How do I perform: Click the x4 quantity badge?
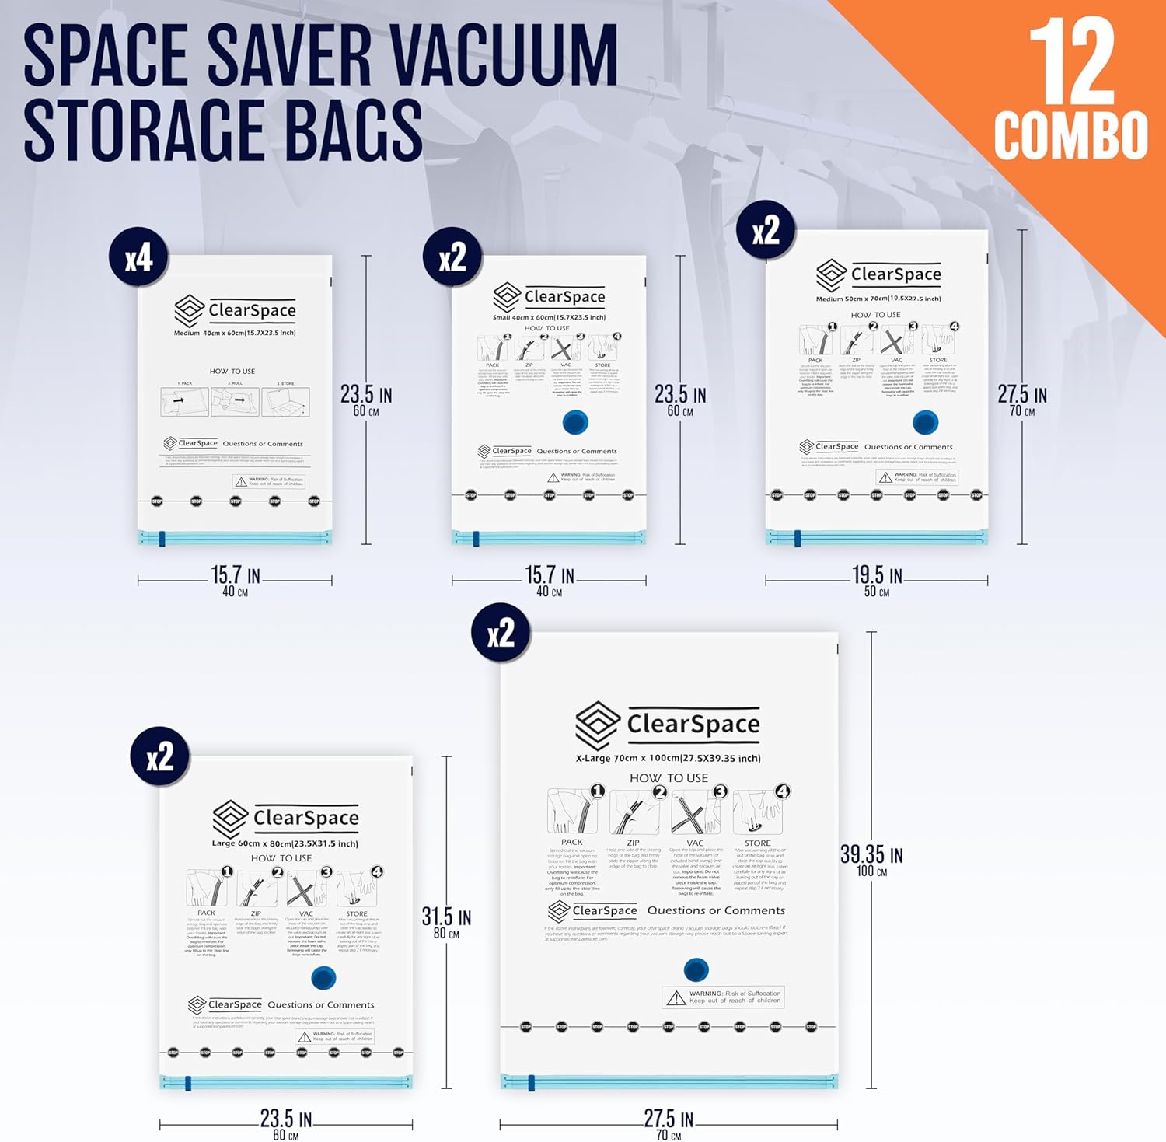[139, 259]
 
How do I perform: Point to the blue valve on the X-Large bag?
[696, 969]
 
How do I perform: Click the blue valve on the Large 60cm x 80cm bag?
[323, 977]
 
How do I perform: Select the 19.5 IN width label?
[877, 576]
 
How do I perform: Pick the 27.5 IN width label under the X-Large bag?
[669, 1120]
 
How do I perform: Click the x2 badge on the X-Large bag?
[501, 634]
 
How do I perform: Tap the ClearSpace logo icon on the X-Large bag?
[597, 725]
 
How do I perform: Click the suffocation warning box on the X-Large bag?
[723, 997]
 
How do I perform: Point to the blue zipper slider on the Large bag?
[188, 1083]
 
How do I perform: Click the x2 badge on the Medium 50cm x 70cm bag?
[766, 231]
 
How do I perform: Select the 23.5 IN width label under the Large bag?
[285, 1120]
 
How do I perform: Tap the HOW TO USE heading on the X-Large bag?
[669, 777]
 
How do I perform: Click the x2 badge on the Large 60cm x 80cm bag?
[160, 756]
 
